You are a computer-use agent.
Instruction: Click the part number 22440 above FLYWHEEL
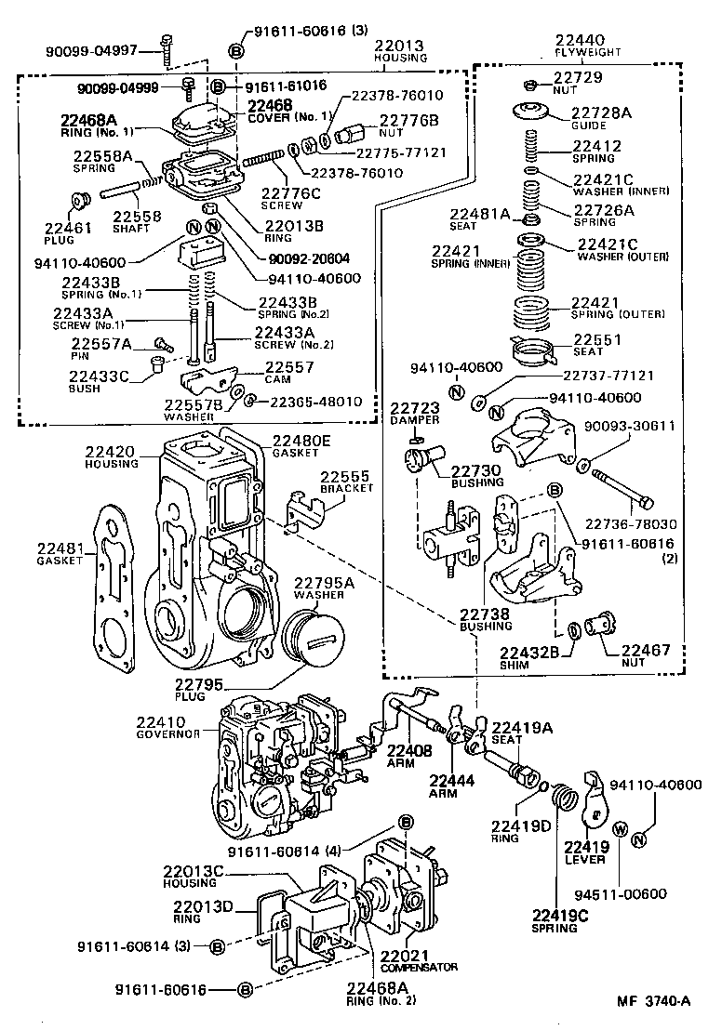tap(579, 41)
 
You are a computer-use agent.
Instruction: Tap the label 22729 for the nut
tap(578, 78)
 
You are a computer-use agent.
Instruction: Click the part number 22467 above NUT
tap(646, 651)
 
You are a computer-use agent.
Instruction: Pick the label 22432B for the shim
tap(528, 653)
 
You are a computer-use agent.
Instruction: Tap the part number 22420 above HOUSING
tap(111, 453)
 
